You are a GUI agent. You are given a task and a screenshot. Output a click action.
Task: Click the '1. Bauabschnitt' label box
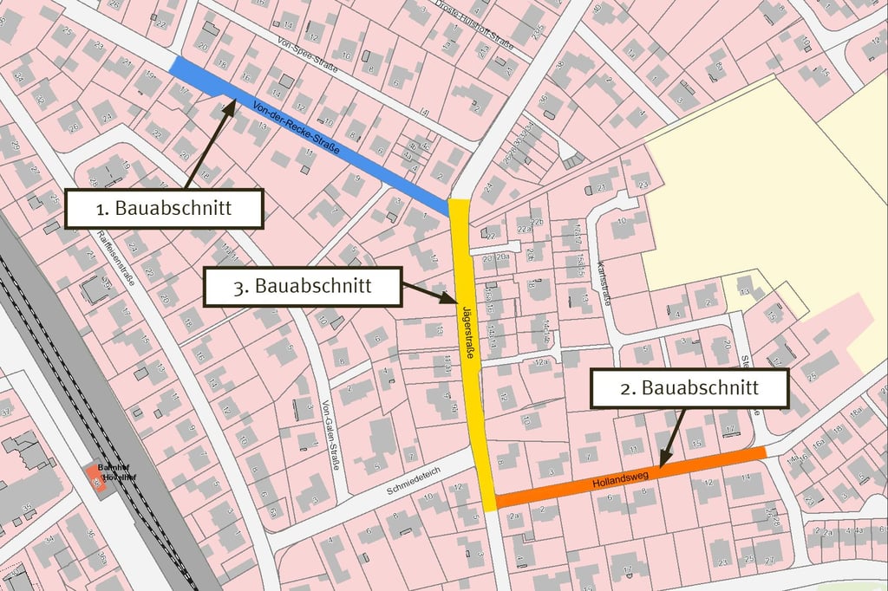tap(164, 209)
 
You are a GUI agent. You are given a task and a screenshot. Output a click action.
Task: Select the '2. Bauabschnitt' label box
tap(689, 388)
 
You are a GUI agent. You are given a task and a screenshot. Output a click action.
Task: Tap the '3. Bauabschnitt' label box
tap(303, 287)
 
